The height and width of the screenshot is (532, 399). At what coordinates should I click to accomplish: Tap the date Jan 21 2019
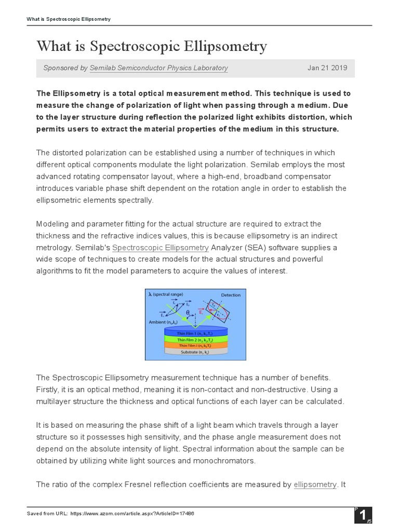[327, 68]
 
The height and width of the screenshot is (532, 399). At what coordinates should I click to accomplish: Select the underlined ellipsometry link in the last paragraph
[315, 485]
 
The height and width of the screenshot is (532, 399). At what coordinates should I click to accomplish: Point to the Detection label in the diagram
[231, 295]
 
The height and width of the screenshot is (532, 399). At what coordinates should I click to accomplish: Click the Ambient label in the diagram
[161, 323]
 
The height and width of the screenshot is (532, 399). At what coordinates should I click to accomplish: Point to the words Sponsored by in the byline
[65, 68]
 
